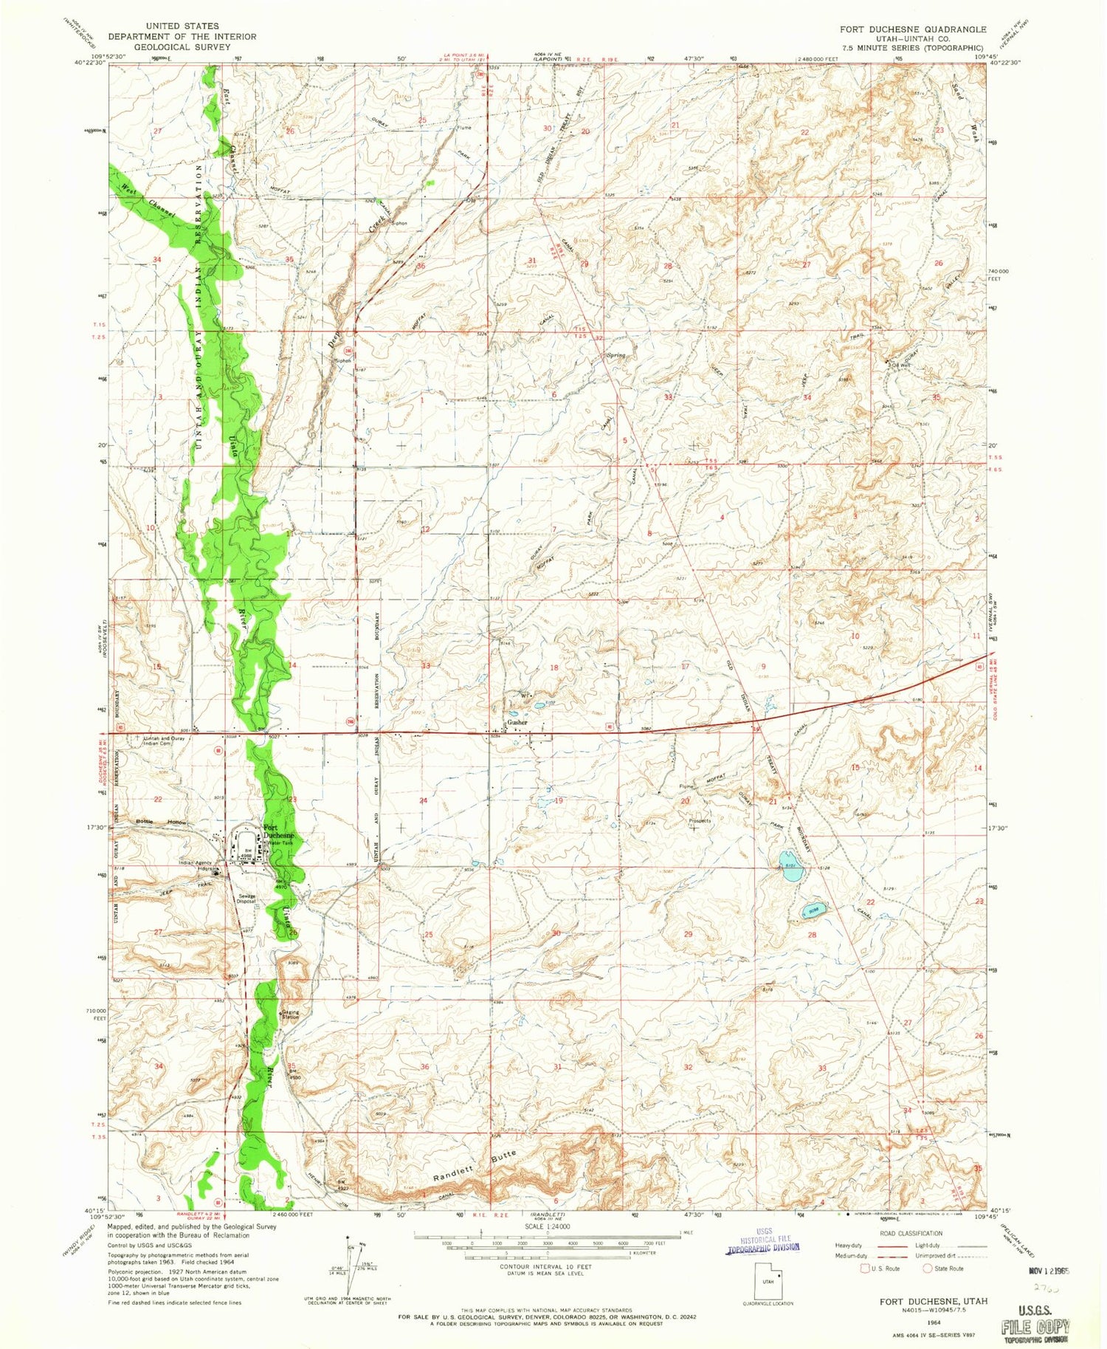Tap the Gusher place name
(517, 722)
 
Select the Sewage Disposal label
(246, 899)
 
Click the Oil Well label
(902, 364)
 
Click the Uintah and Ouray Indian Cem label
(163, 741)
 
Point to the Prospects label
(699, 820)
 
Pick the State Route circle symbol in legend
(928, 1269)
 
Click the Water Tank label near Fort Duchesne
(280, 842)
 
